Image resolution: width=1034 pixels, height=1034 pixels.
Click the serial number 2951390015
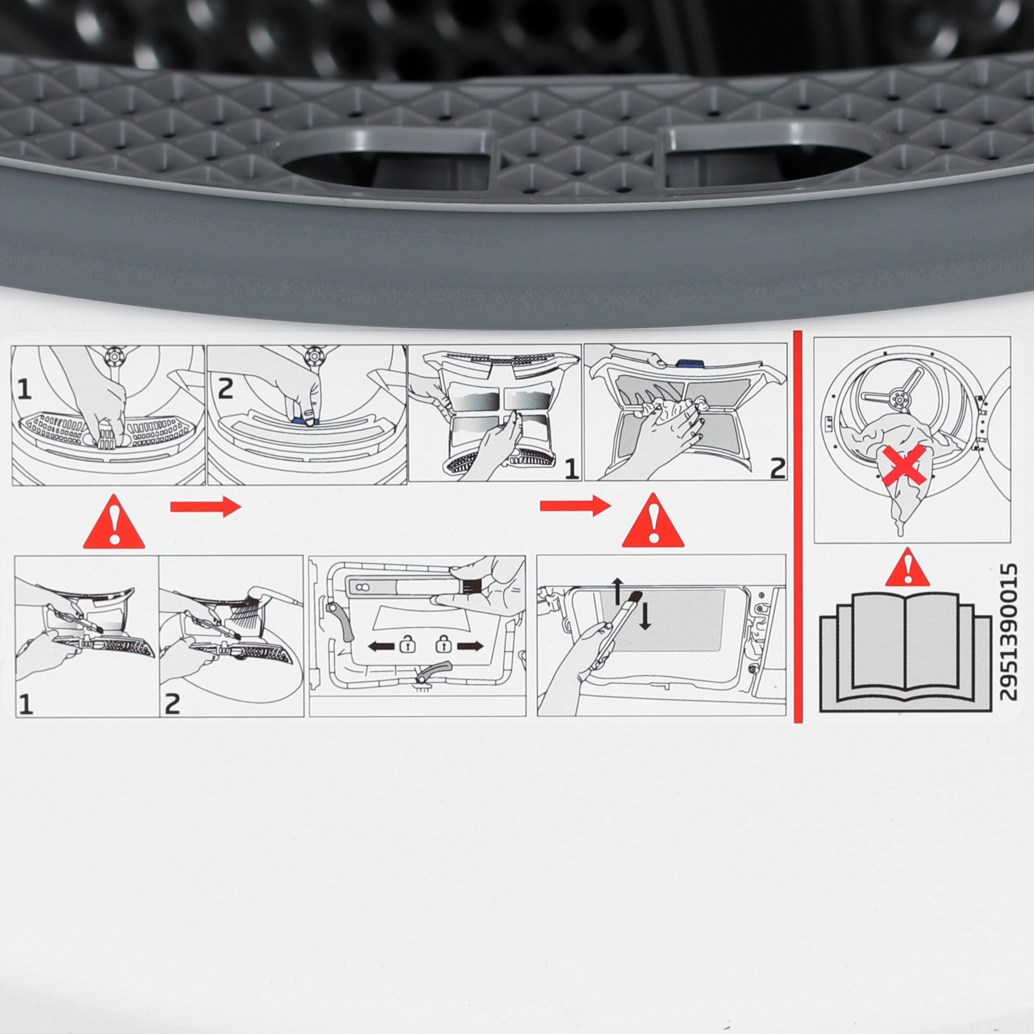(x=1008, y=632)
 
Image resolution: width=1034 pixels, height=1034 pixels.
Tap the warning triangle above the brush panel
(x=653, y=522)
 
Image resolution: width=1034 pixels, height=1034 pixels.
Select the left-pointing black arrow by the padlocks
(x=381, y=647)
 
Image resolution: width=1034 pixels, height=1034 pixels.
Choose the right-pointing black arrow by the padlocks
(x=469, y=647)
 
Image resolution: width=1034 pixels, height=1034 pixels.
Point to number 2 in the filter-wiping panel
(x=777, y=468)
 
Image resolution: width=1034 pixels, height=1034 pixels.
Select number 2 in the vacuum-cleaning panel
(x=172, y=704)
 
